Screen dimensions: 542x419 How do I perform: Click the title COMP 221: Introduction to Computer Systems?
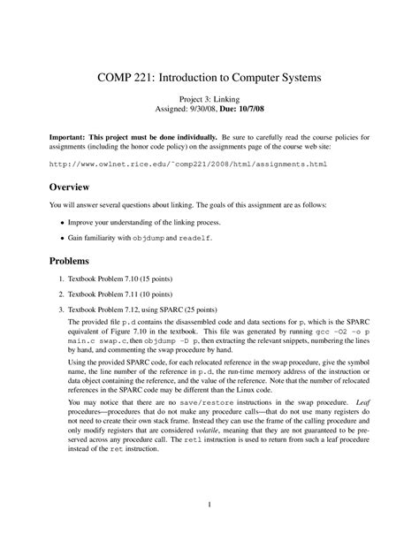pyautogui.click(x=209, y=80)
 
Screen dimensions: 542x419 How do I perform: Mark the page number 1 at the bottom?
pyautogui.click(x=209, y=507)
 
